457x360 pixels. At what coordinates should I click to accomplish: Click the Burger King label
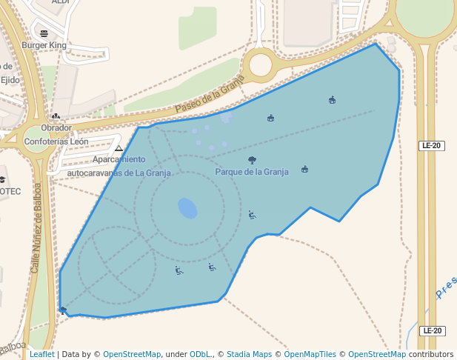pos(44,45)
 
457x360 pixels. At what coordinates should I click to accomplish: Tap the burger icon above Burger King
pos(44,33)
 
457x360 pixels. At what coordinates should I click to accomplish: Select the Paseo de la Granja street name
pos(210,98)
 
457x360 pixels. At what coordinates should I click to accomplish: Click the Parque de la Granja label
pos(251,172)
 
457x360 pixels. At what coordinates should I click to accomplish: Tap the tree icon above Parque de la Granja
pos(252,160)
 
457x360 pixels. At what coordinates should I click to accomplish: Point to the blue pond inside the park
pos(187,208)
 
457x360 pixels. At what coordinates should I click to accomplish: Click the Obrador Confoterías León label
pos(56,134)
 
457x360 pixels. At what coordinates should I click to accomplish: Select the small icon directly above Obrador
pos(56,116)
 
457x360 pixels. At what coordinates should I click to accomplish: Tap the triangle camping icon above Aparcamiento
pos(119,148)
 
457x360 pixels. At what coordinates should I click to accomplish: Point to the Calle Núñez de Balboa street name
pos(36,227)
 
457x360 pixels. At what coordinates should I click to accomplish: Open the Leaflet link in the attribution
pos(41,354)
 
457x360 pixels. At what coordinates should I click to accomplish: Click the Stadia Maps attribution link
pos(249,354)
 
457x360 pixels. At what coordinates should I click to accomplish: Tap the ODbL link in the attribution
pos(200,354)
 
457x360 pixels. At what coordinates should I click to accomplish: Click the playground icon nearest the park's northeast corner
pos(332,100)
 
